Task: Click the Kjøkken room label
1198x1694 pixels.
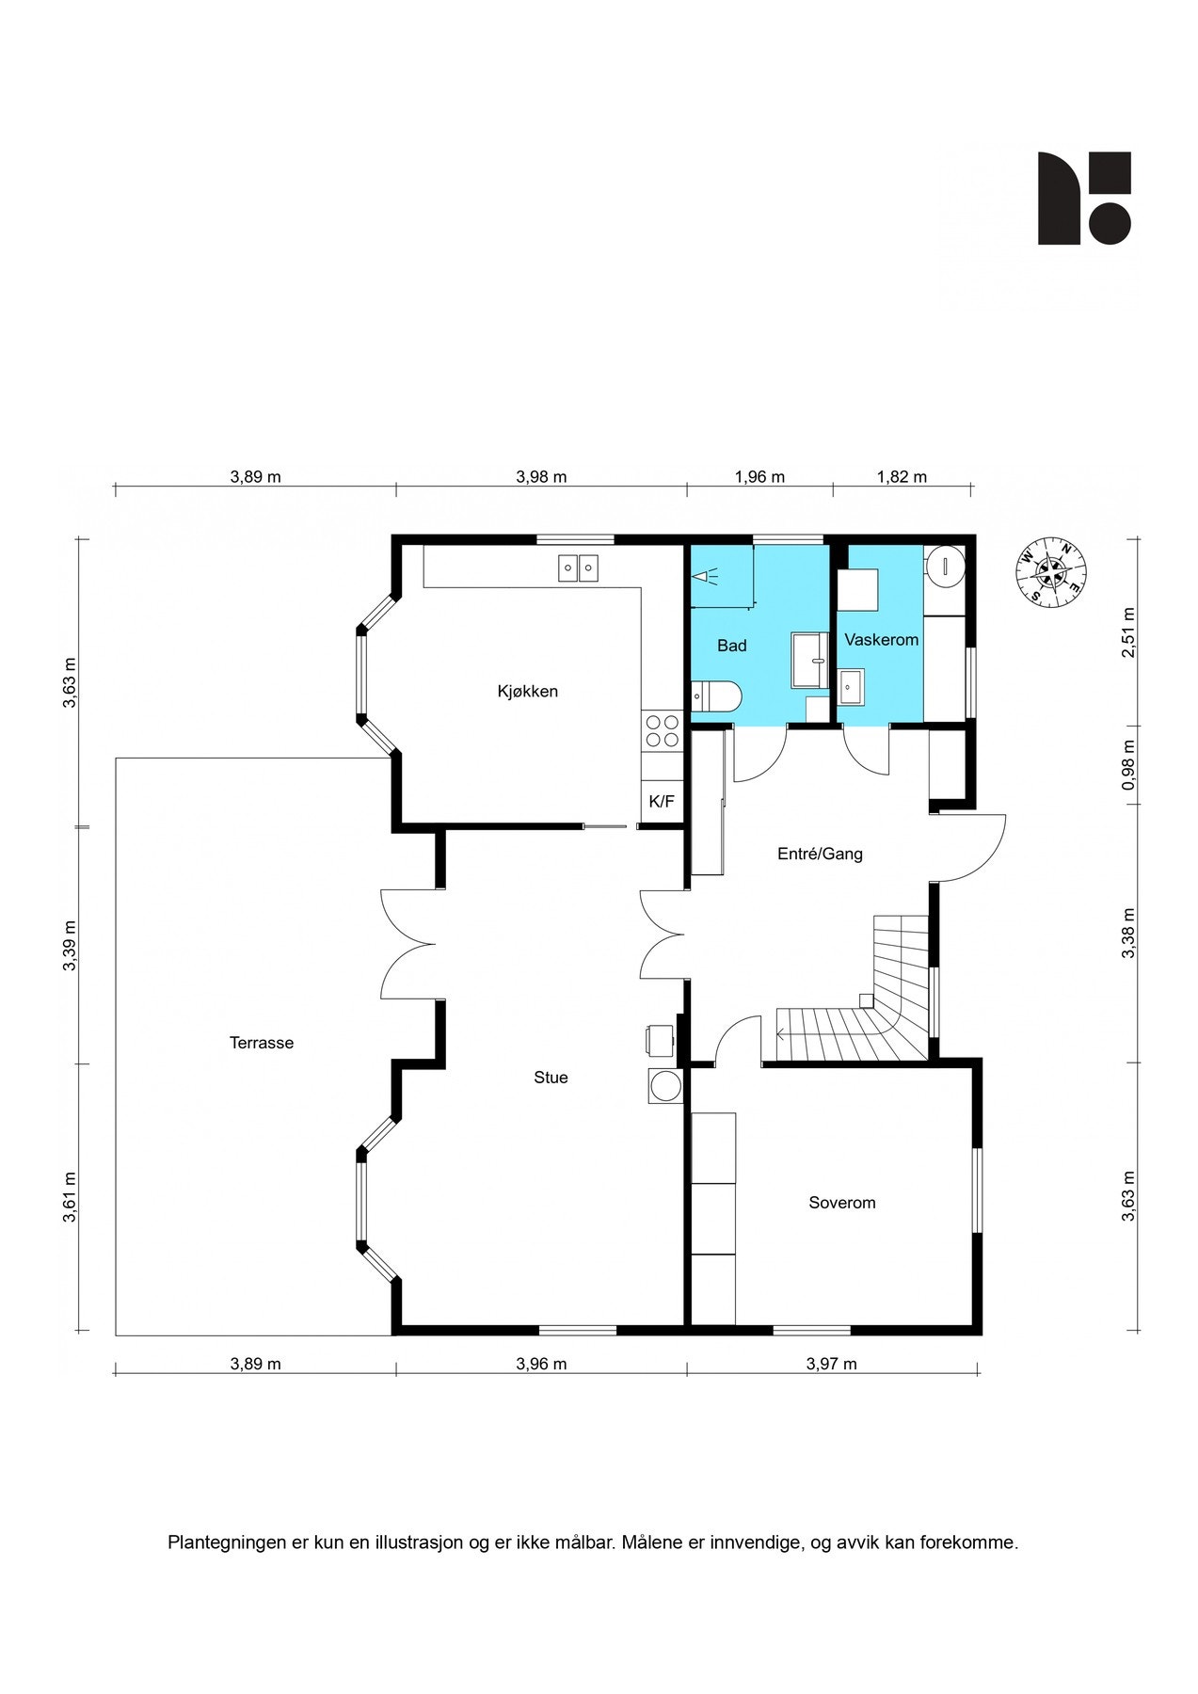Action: [x=527, y=692]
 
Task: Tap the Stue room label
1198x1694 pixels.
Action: [x=551, y=1078]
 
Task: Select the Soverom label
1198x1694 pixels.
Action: [x=842, y=1203]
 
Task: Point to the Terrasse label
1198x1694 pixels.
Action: [x=262, y=1043]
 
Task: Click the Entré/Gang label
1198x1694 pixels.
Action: [x=820, y=855]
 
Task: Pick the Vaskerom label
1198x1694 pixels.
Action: [x=881, y=640]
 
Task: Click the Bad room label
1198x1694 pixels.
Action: [x=732, y=646]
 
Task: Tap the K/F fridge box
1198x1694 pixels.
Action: [x=662, y=802]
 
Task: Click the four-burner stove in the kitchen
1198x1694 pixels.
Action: [x=662, y=730]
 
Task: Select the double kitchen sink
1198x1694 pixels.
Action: [x=578, y=568]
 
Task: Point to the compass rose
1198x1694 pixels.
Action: [x=1051, y=570]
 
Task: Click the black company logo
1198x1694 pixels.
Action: [x=1084, y=198]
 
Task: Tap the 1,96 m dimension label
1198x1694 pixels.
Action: [x=759, y=477]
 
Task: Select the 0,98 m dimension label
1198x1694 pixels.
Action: [x=1128, y=765]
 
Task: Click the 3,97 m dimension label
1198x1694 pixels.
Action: [x=831, y=1364]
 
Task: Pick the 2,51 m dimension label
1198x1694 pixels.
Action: [x=1128, y=632]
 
